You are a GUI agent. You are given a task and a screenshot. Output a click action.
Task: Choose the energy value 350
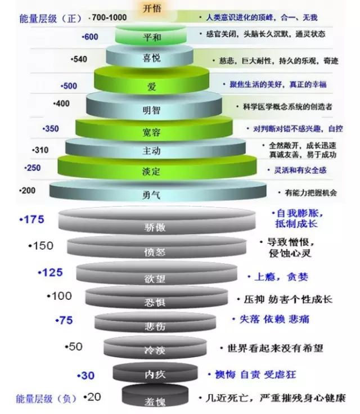tap(51, 129)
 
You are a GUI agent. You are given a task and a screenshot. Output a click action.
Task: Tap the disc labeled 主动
tap(152, 151)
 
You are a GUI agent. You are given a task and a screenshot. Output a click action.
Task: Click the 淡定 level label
tap(152, 170)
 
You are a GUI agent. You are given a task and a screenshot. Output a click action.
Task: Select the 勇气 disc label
tap(152, 195)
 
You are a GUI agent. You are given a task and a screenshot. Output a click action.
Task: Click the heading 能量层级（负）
tap(39, 399)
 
